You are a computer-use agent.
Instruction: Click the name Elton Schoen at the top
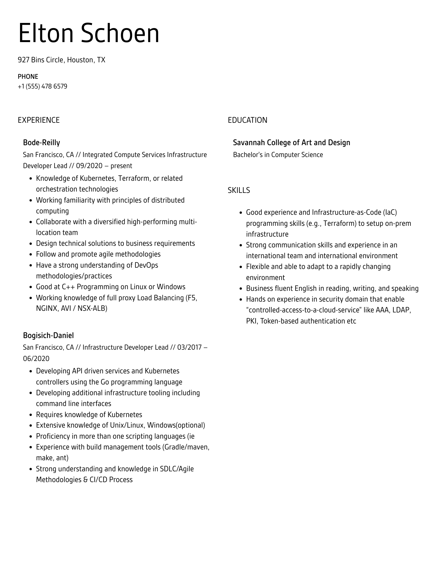89,33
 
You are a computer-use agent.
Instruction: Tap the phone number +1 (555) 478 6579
42,86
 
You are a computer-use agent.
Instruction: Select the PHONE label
28,77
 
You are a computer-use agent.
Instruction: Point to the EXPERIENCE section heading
39,120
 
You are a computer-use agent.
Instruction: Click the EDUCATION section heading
247,120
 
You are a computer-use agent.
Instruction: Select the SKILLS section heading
239,190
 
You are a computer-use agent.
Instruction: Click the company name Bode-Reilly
41,142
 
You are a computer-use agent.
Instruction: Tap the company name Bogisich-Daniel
48,335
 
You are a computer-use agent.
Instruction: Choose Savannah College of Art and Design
291,142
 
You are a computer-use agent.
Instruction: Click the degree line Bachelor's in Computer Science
278,155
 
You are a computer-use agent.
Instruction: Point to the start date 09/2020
89,166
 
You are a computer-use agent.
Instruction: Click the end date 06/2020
36,359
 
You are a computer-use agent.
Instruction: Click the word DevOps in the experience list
146,265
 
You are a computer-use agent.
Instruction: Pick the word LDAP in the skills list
402,310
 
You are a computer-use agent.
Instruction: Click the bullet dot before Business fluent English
241,289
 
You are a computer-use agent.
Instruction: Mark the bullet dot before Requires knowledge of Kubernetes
31,415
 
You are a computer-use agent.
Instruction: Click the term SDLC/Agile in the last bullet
177,469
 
